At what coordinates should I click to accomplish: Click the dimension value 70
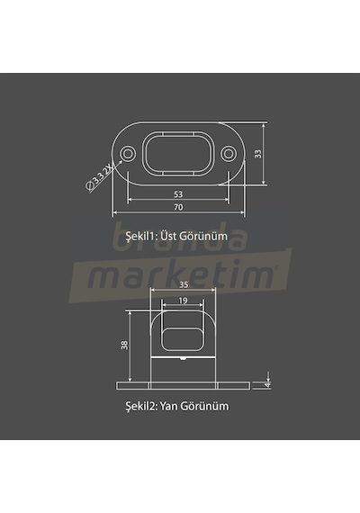178,207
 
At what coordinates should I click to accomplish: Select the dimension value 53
178,194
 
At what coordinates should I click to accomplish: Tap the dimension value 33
258,154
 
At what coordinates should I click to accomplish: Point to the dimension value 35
184,285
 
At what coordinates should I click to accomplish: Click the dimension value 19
183,301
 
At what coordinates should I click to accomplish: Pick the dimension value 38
125,345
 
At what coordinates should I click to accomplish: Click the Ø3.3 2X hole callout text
99,178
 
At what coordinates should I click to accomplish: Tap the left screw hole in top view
128,153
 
